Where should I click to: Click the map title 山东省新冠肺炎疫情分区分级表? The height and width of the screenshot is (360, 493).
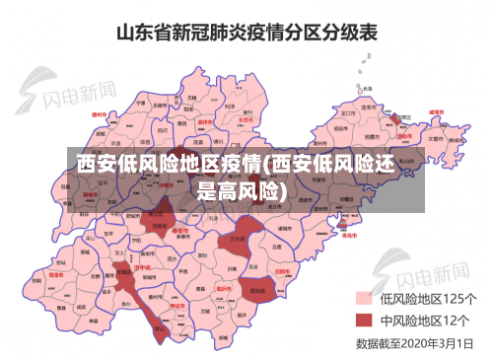pyautogui.click(x=247, y=33)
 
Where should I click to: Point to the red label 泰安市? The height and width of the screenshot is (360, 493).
pyautogui.click(x=179, y=231)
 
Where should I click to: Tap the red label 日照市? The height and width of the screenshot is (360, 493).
pyautogui.click(x=281, y=271)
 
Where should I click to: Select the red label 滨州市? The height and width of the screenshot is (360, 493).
pyautogui.click(x=205, y=122)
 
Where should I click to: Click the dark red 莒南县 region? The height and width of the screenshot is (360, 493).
pyautogui.click(x=258, y=291)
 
